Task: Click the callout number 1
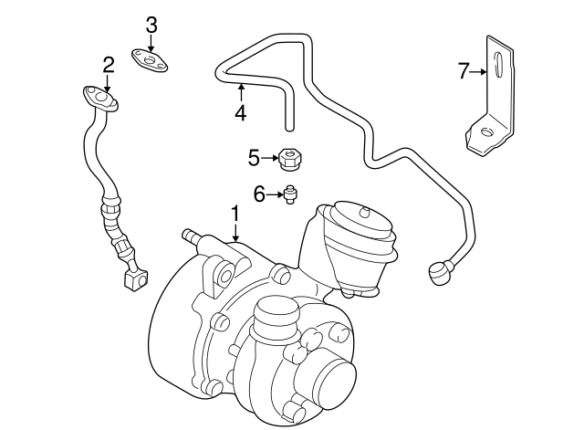pos(235,214)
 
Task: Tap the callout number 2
pos(109,65)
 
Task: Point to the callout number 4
pos(240,114)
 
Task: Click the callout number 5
pos(254,158)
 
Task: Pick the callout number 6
pos(258,194)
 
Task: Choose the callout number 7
pos(463,69)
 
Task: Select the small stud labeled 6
pos(290,194)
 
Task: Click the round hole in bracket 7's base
pos(485,133)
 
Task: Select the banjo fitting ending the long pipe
pos(440,269)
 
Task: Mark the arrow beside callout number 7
pos(477,69)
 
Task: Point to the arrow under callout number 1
pos(235,232)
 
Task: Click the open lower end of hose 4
pos(289,123)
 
